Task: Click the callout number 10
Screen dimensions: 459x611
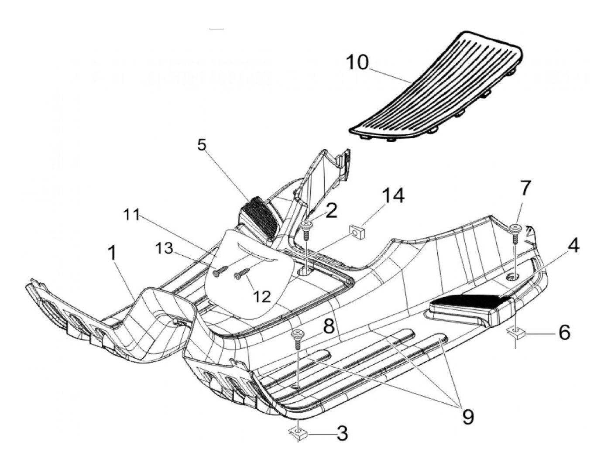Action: coord(357,63)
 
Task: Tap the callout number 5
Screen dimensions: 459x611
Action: coord(202,145)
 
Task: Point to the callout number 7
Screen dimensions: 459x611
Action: coord(525,188)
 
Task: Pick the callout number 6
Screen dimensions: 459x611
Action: coord(564,333)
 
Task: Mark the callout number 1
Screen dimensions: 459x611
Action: coord(112,253)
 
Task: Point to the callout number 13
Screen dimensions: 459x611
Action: coord(166,249)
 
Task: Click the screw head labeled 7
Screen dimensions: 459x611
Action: coord(515,227)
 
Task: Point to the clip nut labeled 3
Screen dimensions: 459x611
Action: coord(298,433)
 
